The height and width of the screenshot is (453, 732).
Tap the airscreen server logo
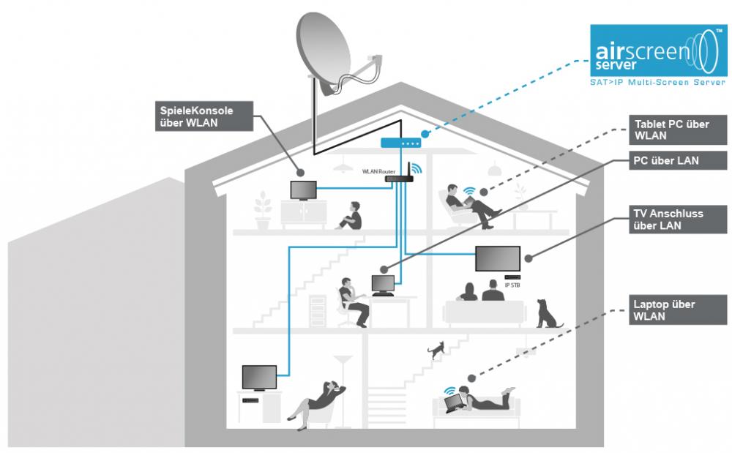coord(659,55)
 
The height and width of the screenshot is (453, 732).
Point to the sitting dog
coord(545,312)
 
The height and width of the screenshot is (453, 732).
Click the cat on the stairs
coord(437,350)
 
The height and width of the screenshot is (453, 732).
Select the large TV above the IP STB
coord(497,258)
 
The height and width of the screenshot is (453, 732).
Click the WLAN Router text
coord(378,171)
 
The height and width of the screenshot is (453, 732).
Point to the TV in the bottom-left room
coord(259,377)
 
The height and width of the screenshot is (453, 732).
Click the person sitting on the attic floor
coord(349,215)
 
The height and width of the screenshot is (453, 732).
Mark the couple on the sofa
coord(479,292)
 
